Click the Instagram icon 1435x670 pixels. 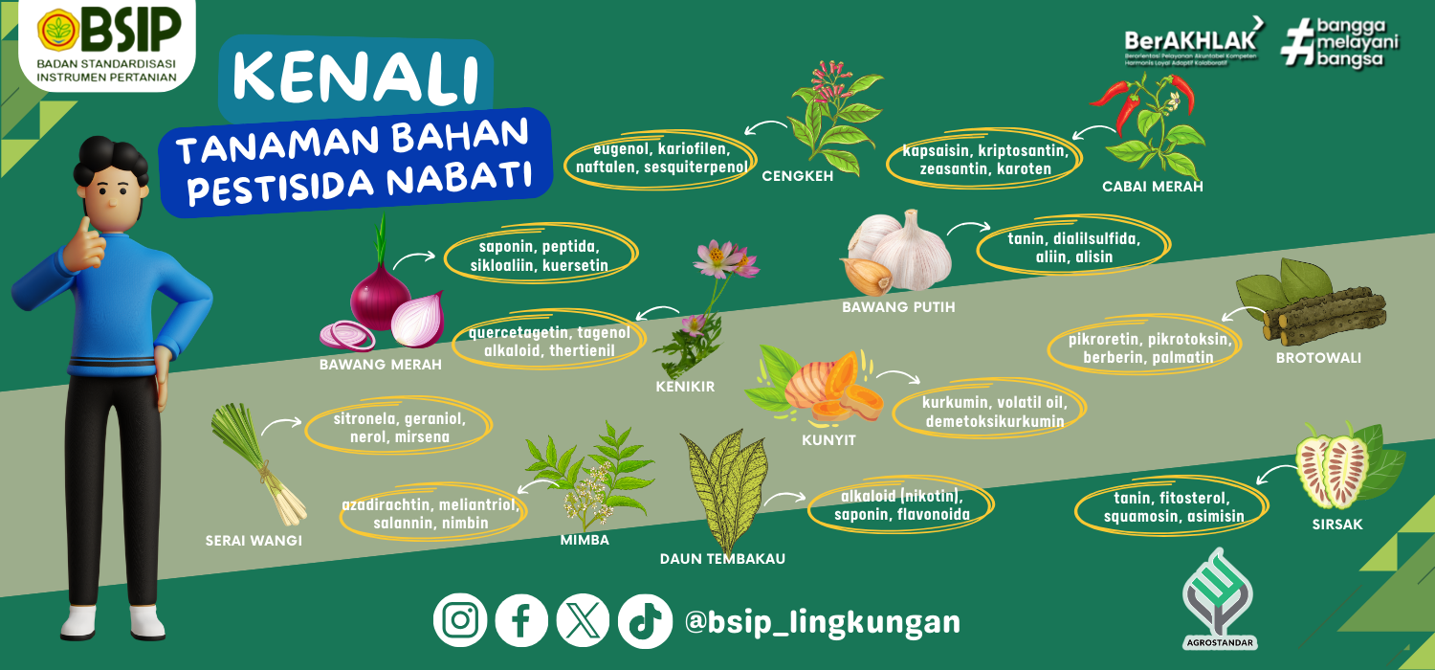click(460, 620)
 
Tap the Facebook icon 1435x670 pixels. click(521, 620)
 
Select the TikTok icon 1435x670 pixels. click(645, 620)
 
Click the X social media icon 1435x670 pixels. click(583, 620)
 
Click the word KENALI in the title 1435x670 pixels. click(356, 78)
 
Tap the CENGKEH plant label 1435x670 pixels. click(798, 176)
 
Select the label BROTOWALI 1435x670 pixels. click(1318, 358)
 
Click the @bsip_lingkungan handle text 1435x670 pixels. click(823, 622)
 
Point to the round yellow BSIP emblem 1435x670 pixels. click(58, 30)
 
